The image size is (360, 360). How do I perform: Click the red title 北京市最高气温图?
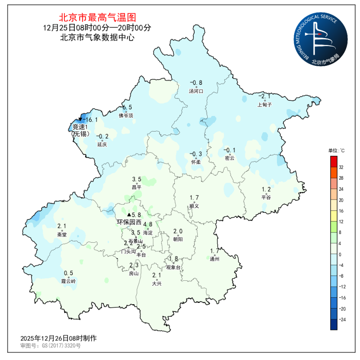point(97,18)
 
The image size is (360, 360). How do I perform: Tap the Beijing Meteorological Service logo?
point(321,39)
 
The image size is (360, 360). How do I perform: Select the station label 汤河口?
point(196,91)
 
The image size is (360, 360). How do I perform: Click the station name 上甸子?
point(264,105)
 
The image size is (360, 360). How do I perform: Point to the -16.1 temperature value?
point(90,120)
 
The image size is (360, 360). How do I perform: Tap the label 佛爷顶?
point(126,116)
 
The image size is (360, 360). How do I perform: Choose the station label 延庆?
point(102,145)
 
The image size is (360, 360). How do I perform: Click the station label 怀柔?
point(196,162)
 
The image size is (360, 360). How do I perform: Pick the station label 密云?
point(229,158)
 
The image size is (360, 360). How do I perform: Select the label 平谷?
point(266,197)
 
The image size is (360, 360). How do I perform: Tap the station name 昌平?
point(137,187)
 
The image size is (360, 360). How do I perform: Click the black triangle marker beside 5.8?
point(129,215)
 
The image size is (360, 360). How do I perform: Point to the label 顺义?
point(194,206)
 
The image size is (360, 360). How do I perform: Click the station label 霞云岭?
point(68,281)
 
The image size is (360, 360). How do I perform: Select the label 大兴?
point(157,283)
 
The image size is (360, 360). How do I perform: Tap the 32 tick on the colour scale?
point(341,167)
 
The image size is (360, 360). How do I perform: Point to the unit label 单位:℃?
point(336,151)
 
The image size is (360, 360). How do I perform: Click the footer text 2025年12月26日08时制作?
point(58,338)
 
